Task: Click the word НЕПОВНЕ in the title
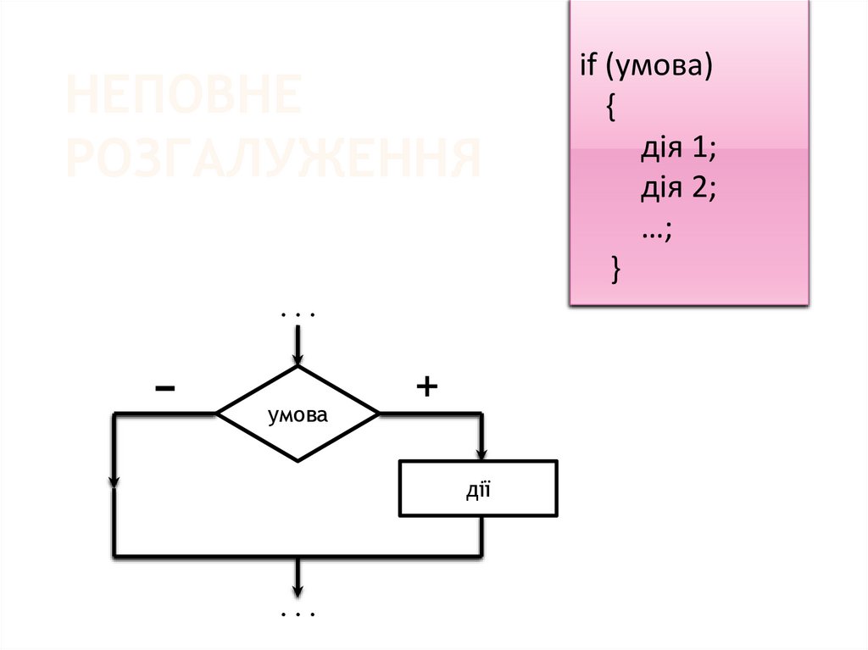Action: [183, 96]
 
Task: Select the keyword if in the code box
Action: [588, 67]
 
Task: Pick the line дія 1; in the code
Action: [679, 150]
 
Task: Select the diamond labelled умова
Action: [298, 414]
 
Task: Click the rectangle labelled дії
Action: [478, 488]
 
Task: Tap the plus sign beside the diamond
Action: [426, 387]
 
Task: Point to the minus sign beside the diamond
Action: [165, 388]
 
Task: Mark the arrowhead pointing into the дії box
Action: [482, 453]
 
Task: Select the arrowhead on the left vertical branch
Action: [114, 481]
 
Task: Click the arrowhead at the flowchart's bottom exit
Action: [298, 591]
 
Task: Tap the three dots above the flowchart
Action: [298, 315]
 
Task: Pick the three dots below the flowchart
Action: [298, 614]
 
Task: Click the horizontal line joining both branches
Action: [298, 556]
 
